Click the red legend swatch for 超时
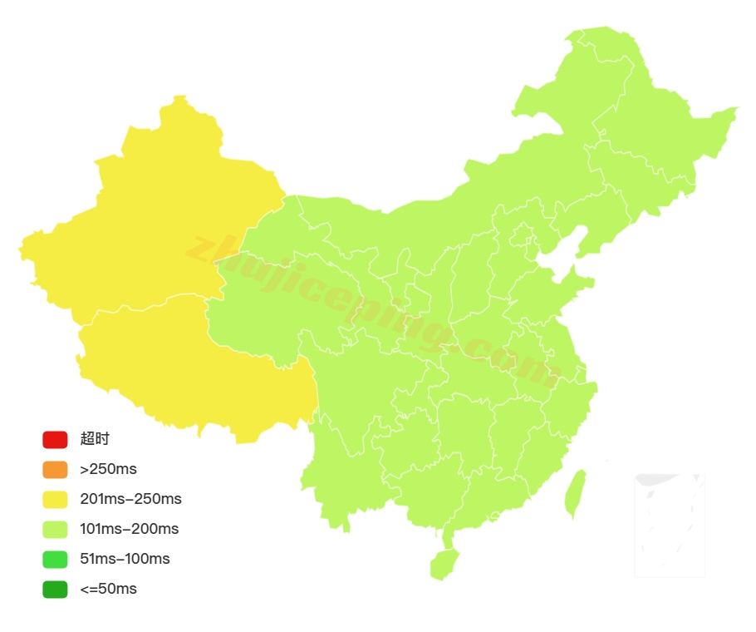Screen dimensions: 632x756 tap(55, 440)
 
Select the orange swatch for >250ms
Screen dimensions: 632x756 tap(55, 470)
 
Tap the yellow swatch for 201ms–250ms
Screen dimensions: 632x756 tap(55, 500)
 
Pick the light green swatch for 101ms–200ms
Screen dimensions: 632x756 tap(55, 529)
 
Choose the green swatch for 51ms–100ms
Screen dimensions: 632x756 tap(55, 559)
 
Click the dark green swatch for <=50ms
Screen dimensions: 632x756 tap(55, 589)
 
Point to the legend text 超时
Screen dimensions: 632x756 tap(95, 440)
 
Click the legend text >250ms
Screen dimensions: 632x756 tap(108, 470)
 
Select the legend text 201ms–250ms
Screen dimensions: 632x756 tap(130, 500)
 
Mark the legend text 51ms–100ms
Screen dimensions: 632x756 tap(125, 559)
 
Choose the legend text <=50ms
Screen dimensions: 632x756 tap(108, 589)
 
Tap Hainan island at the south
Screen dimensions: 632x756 tap(444, 564)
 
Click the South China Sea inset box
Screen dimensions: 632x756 tap(670, 525)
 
